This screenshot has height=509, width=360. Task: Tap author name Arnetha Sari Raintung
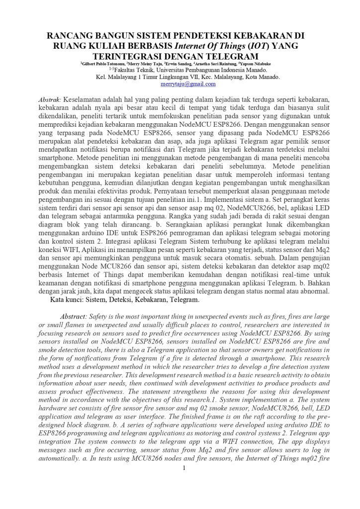pos(215,64)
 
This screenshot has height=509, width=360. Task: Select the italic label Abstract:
pos(74,317)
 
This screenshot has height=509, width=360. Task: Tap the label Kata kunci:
pos(67,300)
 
